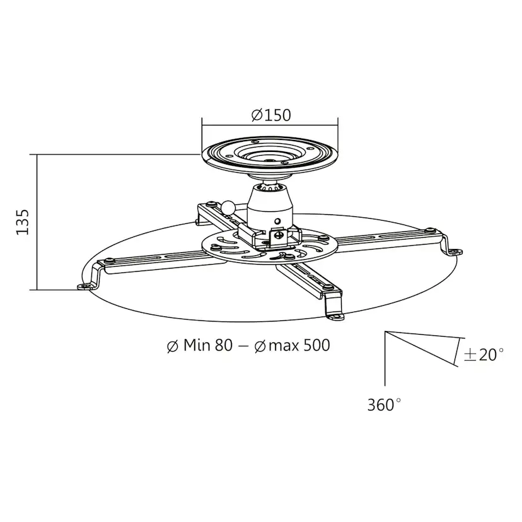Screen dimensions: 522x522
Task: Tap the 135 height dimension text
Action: pyautogui.click(x=23, y=222)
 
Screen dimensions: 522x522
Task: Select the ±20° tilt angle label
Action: pyautogui.click(x=484, y=354)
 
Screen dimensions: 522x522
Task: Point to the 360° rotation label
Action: pyautogui.click(x=384, y=405)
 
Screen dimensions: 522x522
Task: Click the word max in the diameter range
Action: pyautogui.click(x=279, y=345)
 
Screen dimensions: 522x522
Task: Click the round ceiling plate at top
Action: pyautogui.click(x=269, y=154)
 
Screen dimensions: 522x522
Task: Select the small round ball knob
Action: pyautogui.click(x=228, y=206)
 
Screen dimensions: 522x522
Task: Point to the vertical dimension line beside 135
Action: pyautogui.click(x=37, y=222)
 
